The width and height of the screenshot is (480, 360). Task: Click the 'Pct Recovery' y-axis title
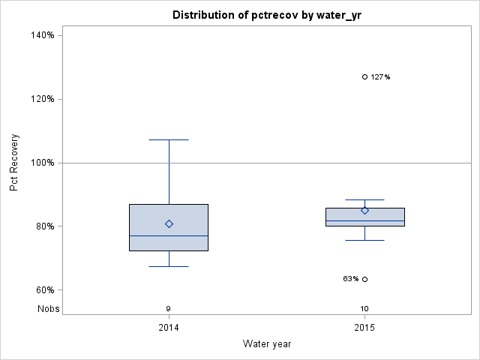click(x=14, y=163)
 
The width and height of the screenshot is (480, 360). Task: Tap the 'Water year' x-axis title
click(x=267, y=343)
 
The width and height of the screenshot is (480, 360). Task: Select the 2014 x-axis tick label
click(x=169, y=328)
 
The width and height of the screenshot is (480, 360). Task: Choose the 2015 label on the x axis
click(x=364, y=328)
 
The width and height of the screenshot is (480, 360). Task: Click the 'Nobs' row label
click(x=49, y=308)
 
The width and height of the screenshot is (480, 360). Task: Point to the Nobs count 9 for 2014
click(x=169, y=308)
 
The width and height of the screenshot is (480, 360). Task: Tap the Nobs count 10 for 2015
click(x=364, y=308)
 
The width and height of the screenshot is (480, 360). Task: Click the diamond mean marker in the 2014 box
click(x=169, y=223)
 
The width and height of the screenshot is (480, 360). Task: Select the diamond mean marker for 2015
click(x=364, y=210)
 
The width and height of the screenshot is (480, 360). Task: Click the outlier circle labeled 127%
click(x=364, y=76)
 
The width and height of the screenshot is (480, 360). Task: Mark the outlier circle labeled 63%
click(x=364, y=279)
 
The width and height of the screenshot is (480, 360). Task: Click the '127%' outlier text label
click(x=380, y=76)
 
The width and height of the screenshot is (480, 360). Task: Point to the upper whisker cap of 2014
click(x=169, y=139)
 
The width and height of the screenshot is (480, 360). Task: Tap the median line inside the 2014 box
click(x=169, y=235)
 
